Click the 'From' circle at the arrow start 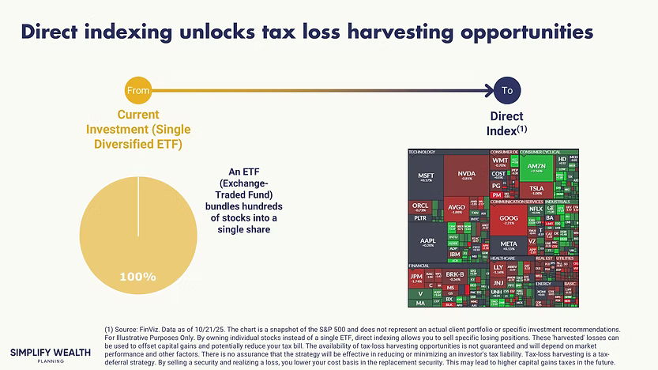click(x=138, y=91)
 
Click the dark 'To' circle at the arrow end click(x=507, y=91)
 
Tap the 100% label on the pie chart click(x=137, y=277)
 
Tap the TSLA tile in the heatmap click(x=536, y=189)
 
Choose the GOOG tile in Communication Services click(x=509, y=220)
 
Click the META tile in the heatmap click(x=509, y=245)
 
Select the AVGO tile click(x=456, y=210)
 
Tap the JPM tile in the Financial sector click(x=416, y=277)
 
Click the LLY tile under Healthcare click(x=498, y=270)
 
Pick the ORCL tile click(x=419, y=207)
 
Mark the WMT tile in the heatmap click(x=499, y=161)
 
